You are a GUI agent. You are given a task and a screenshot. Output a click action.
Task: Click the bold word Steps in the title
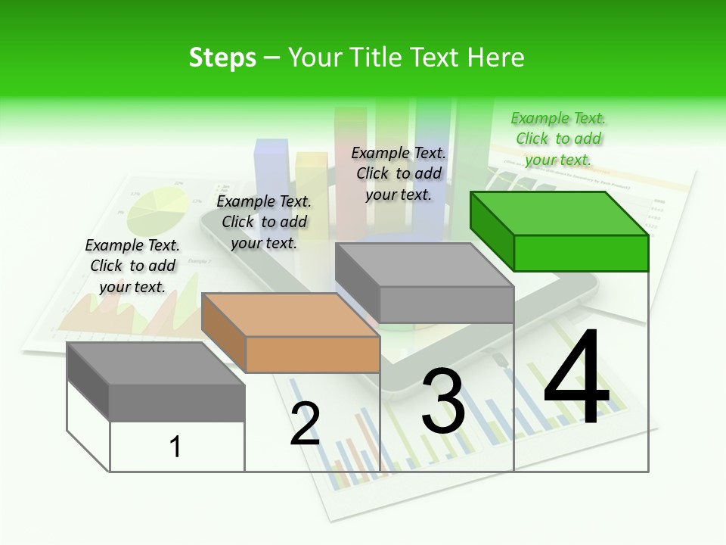222,58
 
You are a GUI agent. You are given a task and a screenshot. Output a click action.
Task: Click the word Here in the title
495,58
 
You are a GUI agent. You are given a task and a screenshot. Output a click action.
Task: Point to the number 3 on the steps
443,400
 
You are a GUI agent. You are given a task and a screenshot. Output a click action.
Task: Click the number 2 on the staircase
305,424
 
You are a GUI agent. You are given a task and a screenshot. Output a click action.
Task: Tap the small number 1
175,447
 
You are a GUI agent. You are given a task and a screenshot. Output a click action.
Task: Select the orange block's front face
312,354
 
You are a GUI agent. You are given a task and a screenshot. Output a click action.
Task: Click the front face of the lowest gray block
177,402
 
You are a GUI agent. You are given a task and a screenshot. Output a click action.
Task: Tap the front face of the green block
581,253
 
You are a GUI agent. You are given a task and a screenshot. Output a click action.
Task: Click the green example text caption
558,139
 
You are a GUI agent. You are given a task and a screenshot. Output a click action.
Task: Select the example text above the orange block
264,222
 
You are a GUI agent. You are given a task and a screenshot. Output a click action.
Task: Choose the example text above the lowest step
132,266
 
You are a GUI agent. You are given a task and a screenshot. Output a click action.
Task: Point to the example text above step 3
399,173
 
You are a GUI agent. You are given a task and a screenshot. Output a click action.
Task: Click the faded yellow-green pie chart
157,211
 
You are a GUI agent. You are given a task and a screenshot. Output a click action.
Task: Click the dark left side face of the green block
492,231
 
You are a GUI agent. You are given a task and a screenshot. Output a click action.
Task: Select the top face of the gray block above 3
423,265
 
